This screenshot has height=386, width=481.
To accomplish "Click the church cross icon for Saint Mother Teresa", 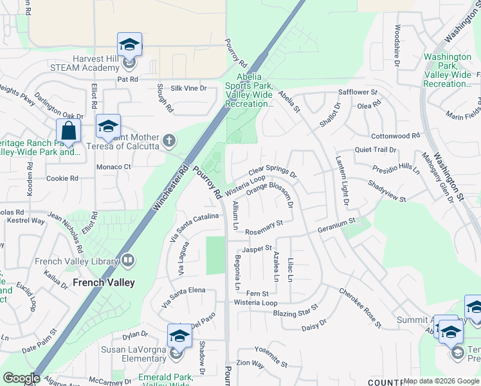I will tap(168, 140).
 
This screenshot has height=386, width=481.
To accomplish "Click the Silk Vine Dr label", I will tap(188, 88).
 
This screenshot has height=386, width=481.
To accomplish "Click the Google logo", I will tap(21, 378).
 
